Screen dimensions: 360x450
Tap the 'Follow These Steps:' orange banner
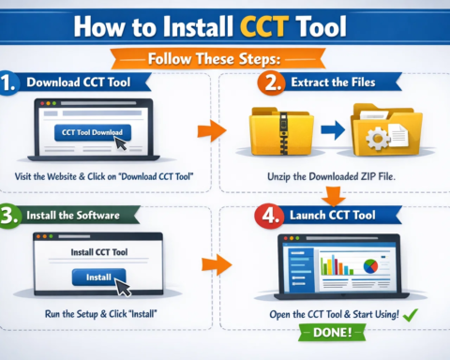pos(224,59)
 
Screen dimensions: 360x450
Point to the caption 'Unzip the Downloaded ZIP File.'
pos(333,176)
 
